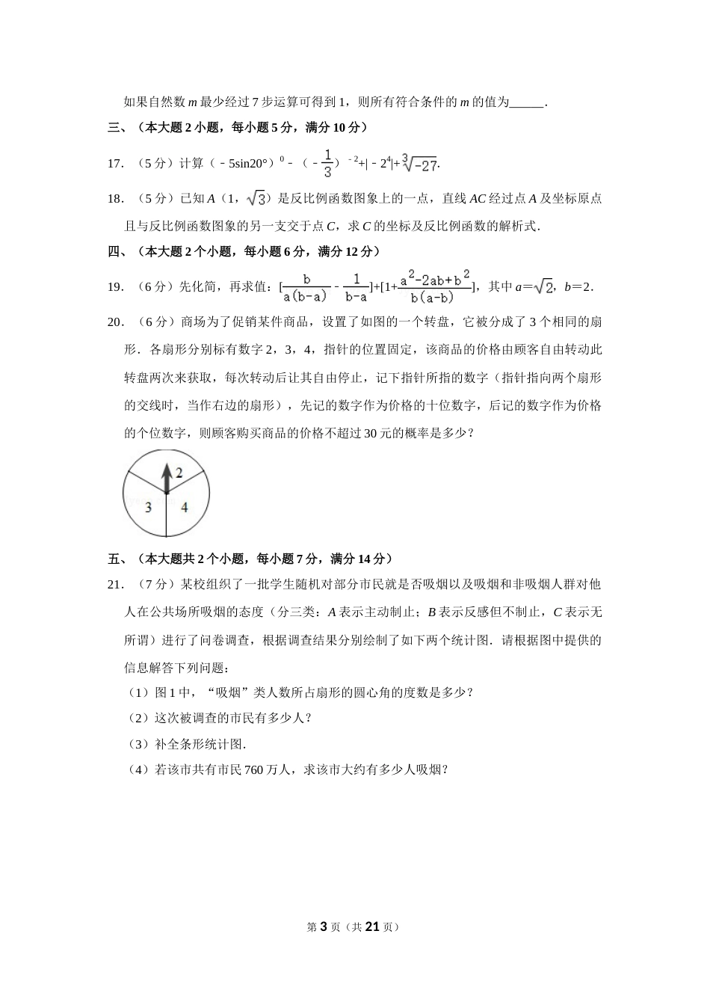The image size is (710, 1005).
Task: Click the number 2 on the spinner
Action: click(179, 472)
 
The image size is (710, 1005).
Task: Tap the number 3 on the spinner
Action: click(148, 507)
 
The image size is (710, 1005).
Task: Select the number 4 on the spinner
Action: click(184, 507)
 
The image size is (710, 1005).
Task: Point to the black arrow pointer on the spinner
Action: click(166, 478)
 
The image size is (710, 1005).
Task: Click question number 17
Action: click(116, 164)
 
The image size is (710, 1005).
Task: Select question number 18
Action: click(116, 199)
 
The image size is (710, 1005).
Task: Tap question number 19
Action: click(116, 286)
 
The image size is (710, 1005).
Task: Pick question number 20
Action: click(116, 322)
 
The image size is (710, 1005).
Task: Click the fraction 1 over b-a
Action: click(356, 287)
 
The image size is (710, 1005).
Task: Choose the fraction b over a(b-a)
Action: click(306, 287)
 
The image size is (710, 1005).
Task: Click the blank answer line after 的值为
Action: click(527, 102)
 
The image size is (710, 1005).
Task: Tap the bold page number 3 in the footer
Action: click(323, 926)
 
